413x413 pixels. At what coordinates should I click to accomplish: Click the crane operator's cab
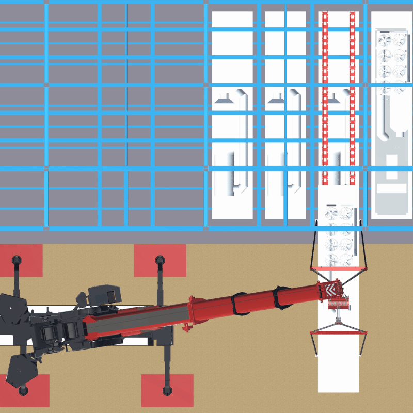tap(105, 296)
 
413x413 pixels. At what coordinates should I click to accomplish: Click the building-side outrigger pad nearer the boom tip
tap(160, 260)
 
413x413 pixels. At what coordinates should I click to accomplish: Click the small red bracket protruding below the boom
tap(185, 327)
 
